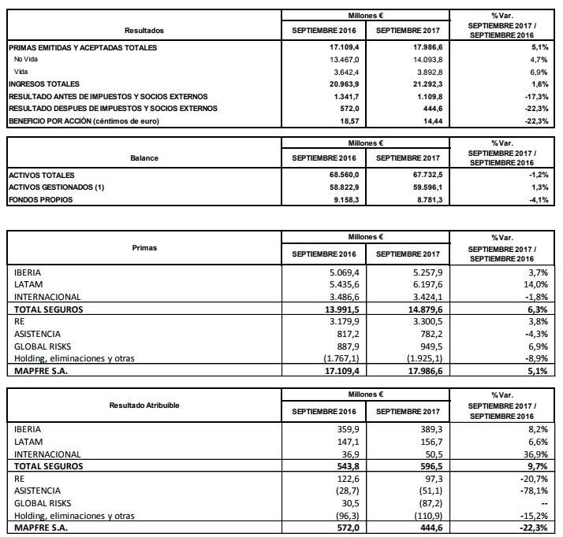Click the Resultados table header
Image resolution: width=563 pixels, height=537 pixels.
pos(144,31)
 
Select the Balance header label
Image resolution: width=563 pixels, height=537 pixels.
pos(144,157)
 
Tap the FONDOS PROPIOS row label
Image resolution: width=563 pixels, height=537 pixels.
pos(40,200)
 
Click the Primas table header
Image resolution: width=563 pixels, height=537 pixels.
pos(144,247)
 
